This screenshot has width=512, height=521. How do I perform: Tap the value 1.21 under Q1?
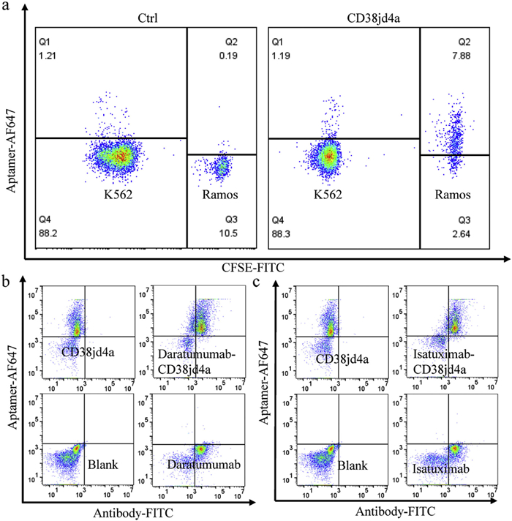(48, 52)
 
